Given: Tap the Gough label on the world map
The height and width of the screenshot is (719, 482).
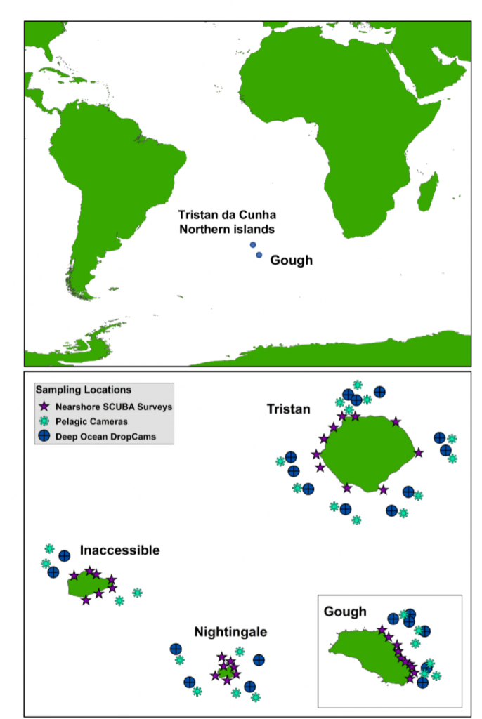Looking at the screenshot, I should (x=291, y=260).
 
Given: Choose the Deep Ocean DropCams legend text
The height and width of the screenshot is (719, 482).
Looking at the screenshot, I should (x=105, y=436).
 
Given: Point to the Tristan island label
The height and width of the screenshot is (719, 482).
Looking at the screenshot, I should (x=288, y=409).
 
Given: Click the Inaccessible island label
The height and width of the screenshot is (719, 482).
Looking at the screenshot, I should (x=119, y=550).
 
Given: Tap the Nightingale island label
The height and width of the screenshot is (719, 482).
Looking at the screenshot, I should (x=232, y=632).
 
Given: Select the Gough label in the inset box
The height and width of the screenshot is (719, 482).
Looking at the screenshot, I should (x=345, y=612).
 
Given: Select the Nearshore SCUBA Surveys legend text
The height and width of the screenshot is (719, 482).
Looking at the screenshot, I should (x=114, y=407).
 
